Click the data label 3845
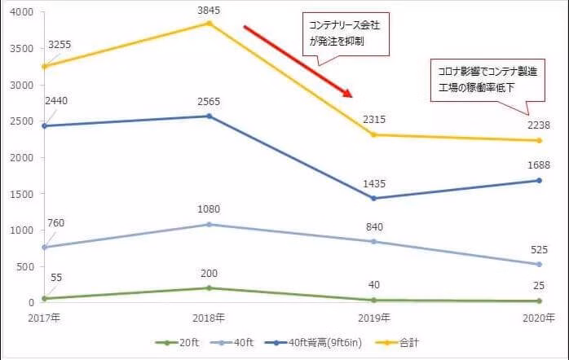point(209,10)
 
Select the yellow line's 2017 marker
point(44,66)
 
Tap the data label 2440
point(67,100)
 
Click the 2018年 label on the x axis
point(209,318)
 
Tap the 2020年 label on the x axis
point(539,318)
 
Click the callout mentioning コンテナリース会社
point(342,33)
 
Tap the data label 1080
point(209,210)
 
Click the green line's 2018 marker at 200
point(209,288)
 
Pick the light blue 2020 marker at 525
point(539,264)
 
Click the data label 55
point(55,278)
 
